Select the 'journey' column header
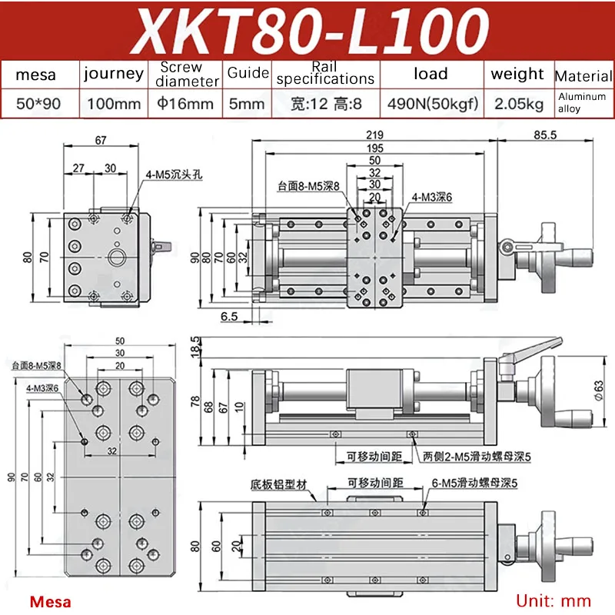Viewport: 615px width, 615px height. (114, 74)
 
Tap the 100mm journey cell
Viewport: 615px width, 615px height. (114, 104)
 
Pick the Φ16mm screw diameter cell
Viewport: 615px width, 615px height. (185, 104)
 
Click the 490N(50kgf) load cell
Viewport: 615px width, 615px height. (433, 104)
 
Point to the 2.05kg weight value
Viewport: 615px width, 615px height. (518, 104)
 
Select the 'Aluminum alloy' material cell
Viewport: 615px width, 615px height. (582, 102)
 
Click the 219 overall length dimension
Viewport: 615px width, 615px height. (374, 135)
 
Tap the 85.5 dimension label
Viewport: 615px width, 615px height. (545, 135)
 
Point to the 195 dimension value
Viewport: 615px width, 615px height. (374, 148)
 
